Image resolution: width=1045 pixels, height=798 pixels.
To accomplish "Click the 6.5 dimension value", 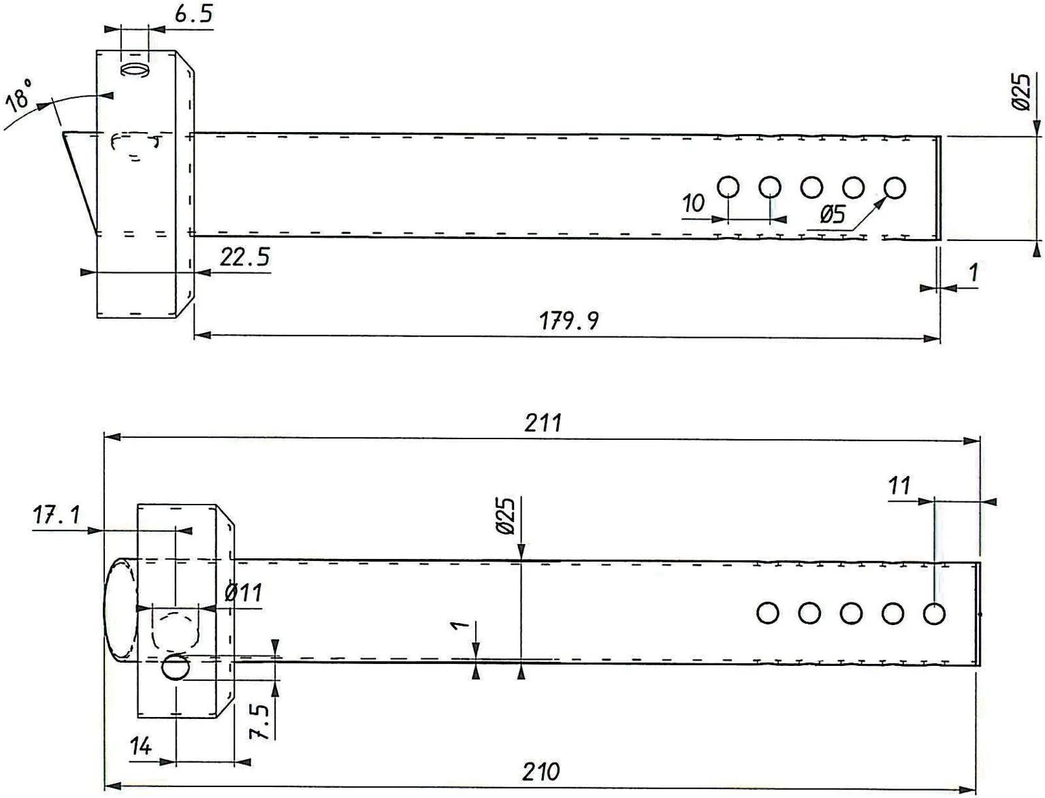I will [193, 15].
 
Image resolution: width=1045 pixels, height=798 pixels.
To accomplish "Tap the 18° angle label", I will [20, 95].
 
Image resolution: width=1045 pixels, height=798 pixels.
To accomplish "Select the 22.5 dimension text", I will [245, 257].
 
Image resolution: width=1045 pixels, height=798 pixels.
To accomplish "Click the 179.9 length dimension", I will [569, 320].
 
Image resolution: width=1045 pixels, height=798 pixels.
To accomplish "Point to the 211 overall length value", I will [543, 424].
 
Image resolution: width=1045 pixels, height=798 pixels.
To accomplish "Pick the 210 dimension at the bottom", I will [541, 772].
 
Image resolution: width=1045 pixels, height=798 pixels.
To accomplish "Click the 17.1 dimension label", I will [57, 515].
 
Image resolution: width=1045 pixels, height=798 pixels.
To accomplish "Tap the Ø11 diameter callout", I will [243, 593].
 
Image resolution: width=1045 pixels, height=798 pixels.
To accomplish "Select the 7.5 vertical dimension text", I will [259, 721].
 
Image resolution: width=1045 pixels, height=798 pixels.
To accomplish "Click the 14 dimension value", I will [141, 747].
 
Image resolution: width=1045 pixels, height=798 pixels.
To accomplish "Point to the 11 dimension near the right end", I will [899, 486].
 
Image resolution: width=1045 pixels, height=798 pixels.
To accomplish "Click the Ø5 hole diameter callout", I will [832, 214].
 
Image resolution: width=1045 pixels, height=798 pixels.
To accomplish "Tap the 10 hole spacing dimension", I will [693, 203].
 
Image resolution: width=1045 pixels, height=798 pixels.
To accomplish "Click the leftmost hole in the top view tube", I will [728, 187].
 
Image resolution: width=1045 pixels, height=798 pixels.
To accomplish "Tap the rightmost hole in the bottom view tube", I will [934, 613].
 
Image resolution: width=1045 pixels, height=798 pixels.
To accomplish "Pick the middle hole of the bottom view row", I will [851, 613].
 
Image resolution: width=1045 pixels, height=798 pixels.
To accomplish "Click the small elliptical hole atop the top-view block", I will [134, 70].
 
